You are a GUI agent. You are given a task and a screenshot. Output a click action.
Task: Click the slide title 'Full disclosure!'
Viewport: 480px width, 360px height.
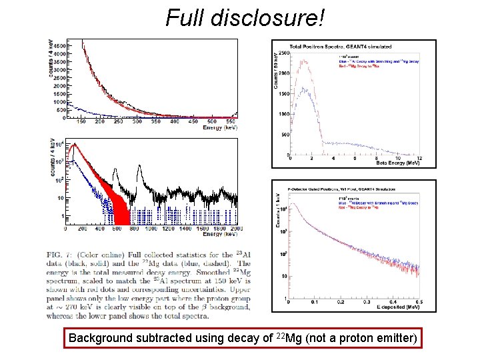point(246,18)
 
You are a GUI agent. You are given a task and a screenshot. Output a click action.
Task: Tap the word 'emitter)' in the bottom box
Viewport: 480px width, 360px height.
point(397,339)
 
